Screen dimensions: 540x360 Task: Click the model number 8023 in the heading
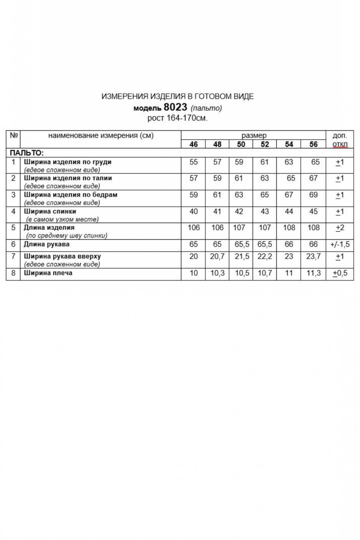point(175,107)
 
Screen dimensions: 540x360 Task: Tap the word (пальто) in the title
point(206,108)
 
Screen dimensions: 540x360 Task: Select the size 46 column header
point(193,144)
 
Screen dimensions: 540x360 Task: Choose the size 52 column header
point(265,144)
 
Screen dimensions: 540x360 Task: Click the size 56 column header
point(313,144)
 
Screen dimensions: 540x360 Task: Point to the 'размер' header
point(254,135)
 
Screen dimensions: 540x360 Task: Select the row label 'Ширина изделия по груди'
point(68,162)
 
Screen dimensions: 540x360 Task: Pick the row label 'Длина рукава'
point(47,244)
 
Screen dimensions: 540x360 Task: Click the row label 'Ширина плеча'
point(48,273)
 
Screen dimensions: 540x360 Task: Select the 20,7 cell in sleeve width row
point(217,256)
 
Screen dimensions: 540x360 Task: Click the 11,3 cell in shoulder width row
point(313,273)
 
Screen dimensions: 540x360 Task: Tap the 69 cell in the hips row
point(313,195)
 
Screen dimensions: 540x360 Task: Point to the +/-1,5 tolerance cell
point(340,244)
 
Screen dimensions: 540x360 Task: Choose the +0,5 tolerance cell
point(340,273)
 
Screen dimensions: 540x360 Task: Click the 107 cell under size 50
point(239,228)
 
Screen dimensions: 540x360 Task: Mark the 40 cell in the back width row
point(193,211)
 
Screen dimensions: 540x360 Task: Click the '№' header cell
point(13,135)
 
